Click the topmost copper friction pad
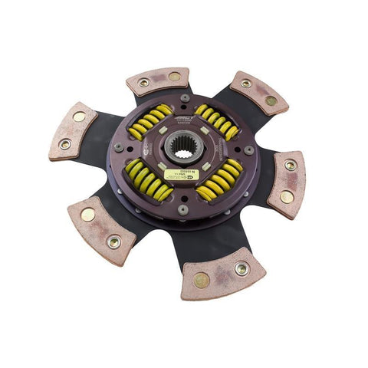[158, 80]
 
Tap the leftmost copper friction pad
[72, 131]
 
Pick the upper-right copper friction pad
[258, 91]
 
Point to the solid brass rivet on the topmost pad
[174, 77]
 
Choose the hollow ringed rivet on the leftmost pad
[65, 143]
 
